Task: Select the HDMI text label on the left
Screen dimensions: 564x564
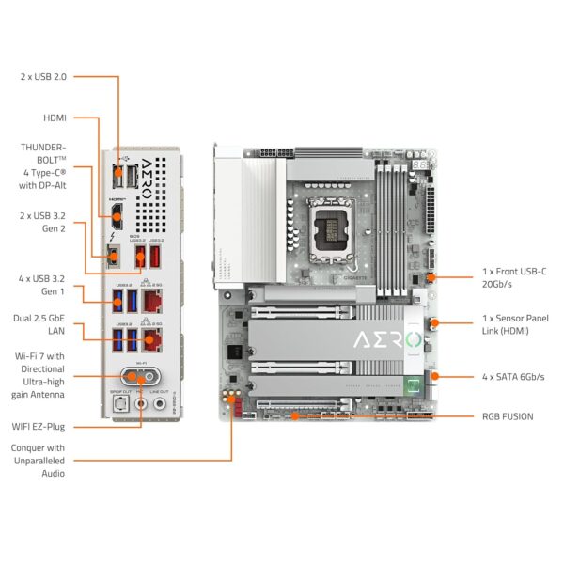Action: [x=55, y=117]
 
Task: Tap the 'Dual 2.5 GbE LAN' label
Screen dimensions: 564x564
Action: [x=41, y=324]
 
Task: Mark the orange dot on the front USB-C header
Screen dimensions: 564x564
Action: [x=430, y=277]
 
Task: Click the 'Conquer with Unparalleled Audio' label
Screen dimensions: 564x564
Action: [x=39, y=461]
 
